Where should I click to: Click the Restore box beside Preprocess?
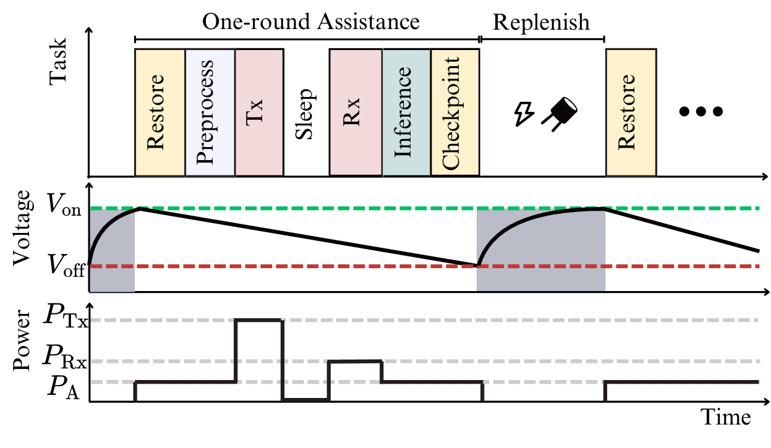(160, 112)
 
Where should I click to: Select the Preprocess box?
(210, 112)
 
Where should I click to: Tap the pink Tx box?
(259, 112)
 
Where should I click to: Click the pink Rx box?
(356, 112)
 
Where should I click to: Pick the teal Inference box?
(406, 112)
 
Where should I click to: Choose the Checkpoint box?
(455, 112)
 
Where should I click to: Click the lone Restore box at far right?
(631, 112)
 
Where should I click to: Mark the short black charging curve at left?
(102, 229)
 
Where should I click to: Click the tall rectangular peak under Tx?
(259, 320)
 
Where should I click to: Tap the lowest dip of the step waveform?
(305, 400)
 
